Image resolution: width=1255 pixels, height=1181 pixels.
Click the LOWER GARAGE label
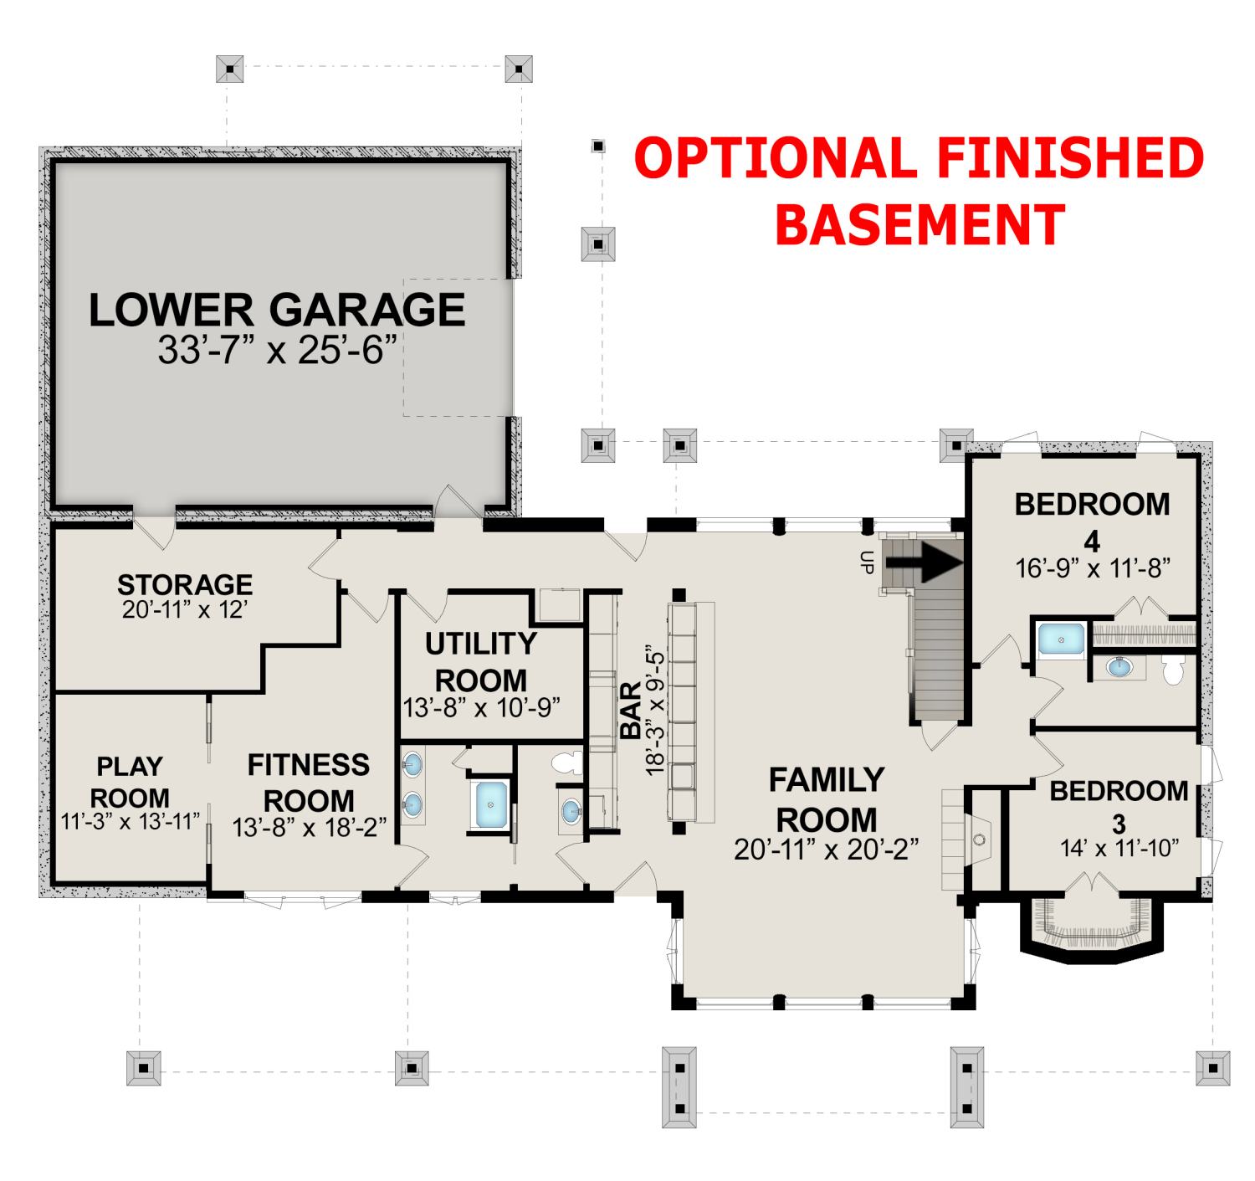(277, 310)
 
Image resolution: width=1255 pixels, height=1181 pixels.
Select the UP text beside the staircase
(866, 562)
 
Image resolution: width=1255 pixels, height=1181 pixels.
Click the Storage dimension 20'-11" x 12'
(184, 610)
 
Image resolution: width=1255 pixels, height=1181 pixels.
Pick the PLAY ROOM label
(130, 782)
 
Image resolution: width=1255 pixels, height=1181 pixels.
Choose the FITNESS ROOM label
(309, 783)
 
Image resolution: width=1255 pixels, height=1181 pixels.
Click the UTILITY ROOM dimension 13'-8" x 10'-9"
(482, 708)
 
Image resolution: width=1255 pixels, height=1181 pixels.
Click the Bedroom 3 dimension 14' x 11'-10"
(1119, 849)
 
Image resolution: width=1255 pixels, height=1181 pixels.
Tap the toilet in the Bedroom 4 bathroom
(1172, 670)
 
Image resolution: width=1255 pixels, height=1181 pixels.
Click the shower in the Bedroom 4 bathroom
(1061, 640)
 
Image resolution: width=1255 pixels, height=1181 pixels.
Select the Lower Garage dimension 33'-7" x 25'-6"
(278, 350)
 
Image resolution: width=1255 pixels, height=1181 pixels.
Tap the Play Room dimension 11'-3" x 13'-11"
(131, 822)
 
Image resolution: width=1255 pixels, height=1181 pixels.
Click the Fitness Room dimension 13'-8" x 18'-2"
(309, 828)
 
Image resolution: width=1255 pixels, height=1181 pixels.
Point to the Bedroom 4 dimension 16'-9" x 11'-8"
(1093, 568)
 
